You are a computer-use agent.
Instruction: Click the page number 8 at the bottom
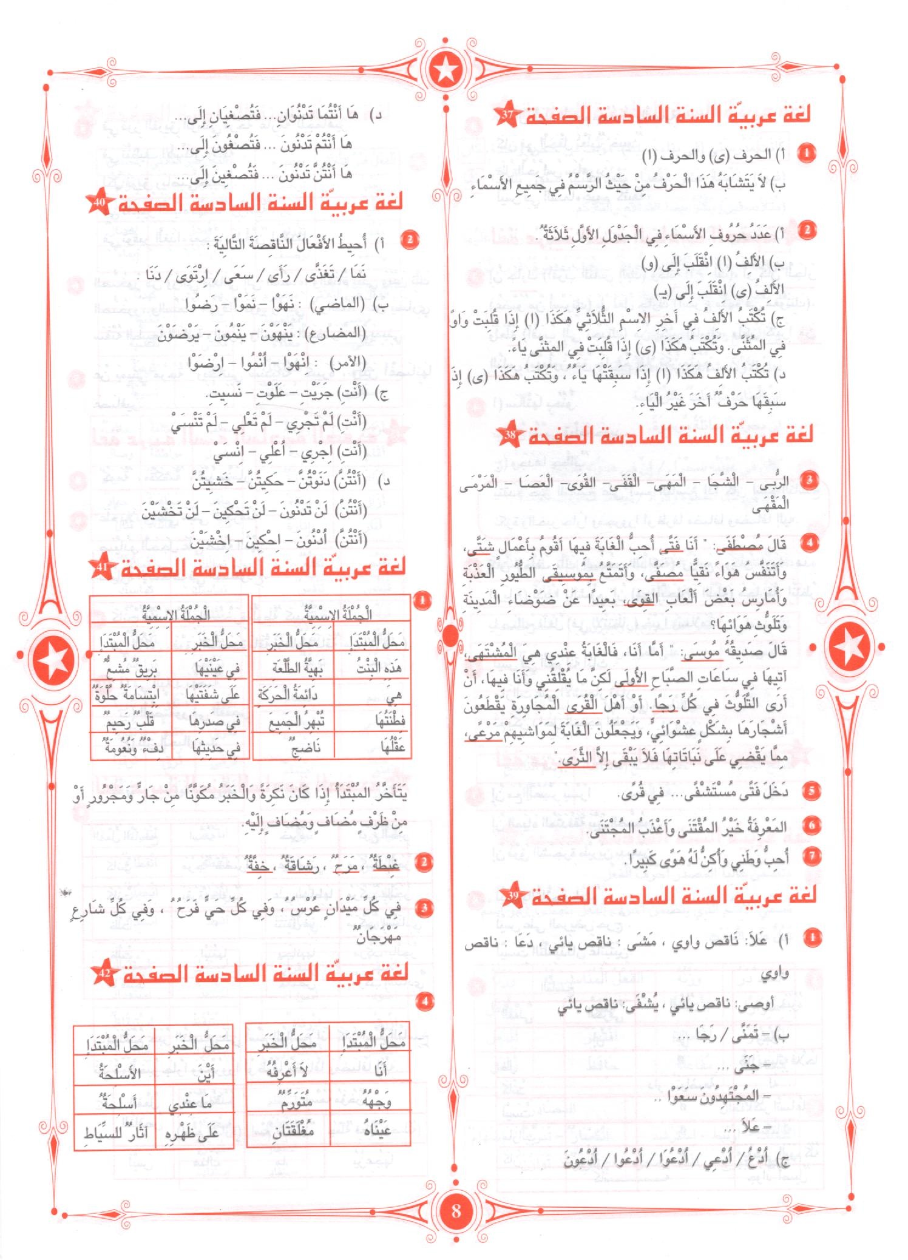pyautogui.click(x=456, y=1210)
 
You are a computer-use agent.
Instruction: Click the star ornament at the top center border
pyautogui.click(x=447, y=70)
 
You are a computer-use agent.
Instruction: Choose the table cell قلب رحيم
pyautogui.click(x=130, y=722)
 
